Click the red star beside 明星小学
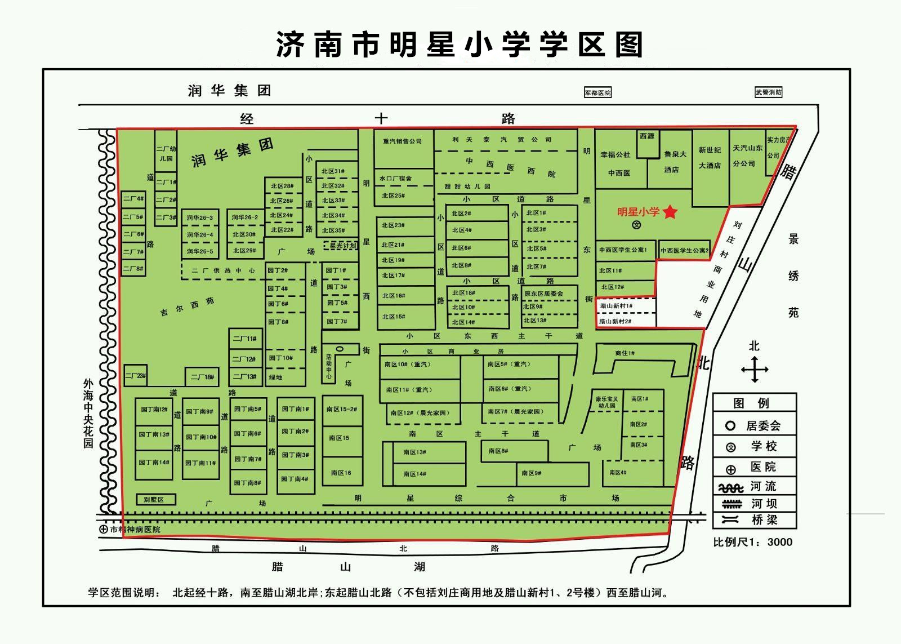670,212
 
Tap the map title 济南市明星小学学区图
459,44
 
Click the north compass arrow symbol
755,370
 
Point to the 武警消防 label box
769,92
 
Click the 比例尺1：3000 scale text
753,542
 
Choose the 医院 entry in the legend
755,467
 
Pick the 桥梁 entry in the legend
755,520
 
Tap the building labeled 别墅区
156,500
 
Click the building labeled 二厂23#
135,376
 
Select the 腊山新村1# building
626,306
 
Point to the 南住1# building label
625,353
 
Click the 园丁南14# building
154,463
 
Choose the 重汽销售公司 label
403,141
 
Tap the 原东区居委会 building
543,294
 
